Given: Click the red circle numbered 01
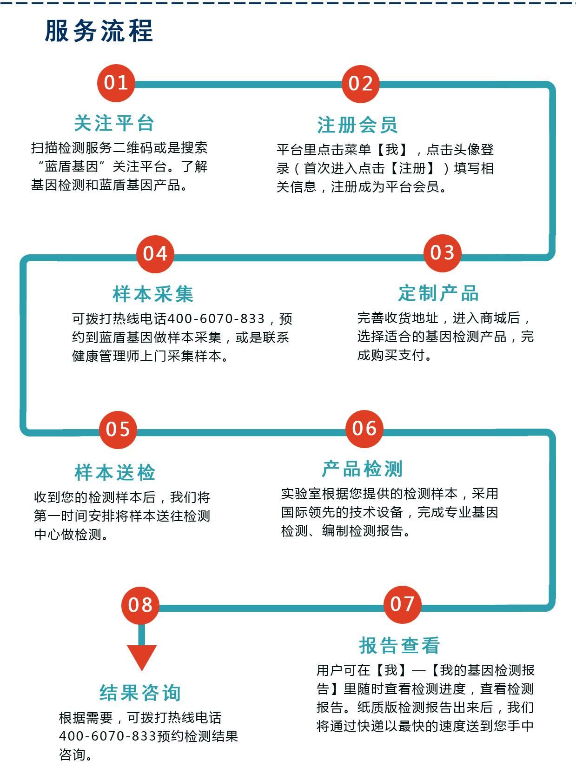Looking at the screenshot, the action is tap(116, 83).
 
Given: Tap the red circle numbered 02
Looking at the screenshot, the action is tap(360, 84).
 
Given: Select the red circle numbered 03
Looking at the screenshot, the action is tap(442, 253).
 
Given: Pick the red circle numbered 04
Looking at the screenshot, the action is tap(155, 254).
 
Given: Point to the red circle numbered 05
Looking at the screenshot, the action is tap(118, 430).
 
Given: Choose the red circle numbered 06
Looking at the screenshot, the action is tap(364, 429).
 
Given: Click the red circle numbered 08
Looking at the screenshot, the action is tap(140, 605).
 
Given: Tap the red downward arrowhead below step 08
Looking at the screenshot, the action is tap(141, 657).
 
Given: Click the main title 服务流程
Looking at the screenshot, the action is tap(99, 31).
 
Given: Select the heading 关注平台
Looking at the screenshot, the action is tap(114, 123).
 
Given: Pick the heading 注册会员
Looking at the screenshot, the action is tap(358, 125).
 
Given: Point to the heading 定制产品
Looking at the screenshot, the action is tap(438, 293).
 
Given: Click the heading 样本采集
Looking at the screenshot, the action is tap(153, 294).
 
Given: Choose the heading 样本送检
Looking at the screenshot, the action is tap(115, 473).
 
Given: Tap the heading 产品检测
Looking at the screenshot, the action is tap(362, 469).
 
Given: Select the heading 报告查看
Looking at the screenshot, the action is tap(399, 646).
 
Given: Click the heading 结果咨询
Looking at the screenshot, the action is tap(140, 693).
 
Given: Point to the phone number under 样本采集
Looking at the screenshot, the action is tap(217, 318).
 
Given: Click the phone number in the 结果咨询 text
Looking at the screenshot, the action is tap(107, 736).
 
